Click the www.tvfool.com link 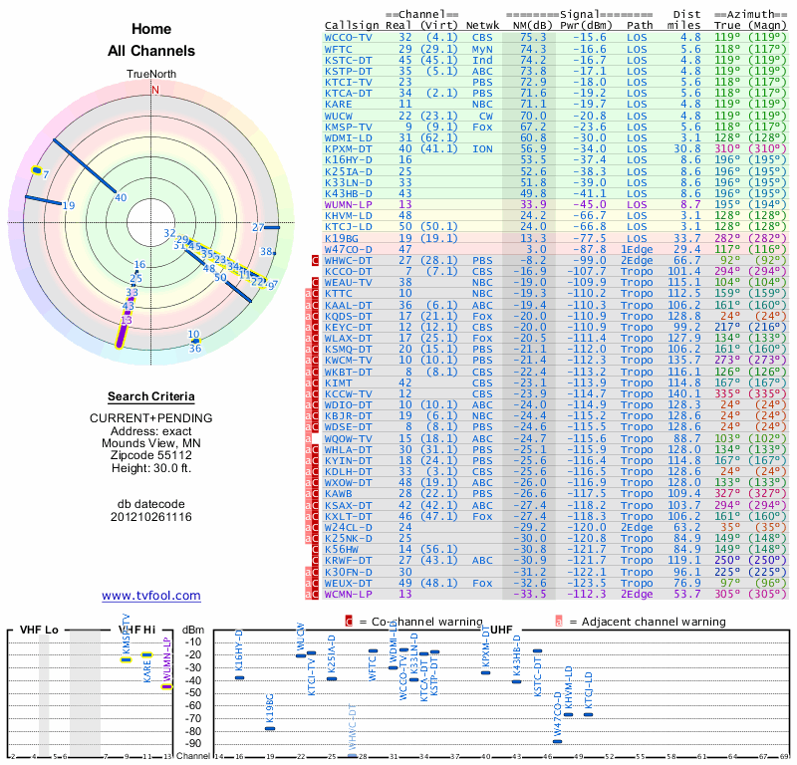[x=151, y=596]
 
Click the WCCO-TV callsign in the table [x=348, y=37]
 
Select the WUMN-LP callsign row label [x=348, y=203]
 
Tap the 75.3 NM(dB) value [x=532, y=37]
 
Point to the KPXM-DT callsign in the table [x=348, y=147]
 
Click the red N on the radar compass [x=154, y=90]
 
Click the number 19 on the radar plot [x=69, y=205]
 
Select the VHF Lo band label [x=39, y=631]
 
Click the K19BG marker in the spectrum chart [x=269, y=728]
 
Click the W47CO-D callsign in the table [x=348, y=249]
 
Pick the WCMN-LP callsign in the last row [x=348, y=594]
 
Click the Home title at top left [x=151, y=29]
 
